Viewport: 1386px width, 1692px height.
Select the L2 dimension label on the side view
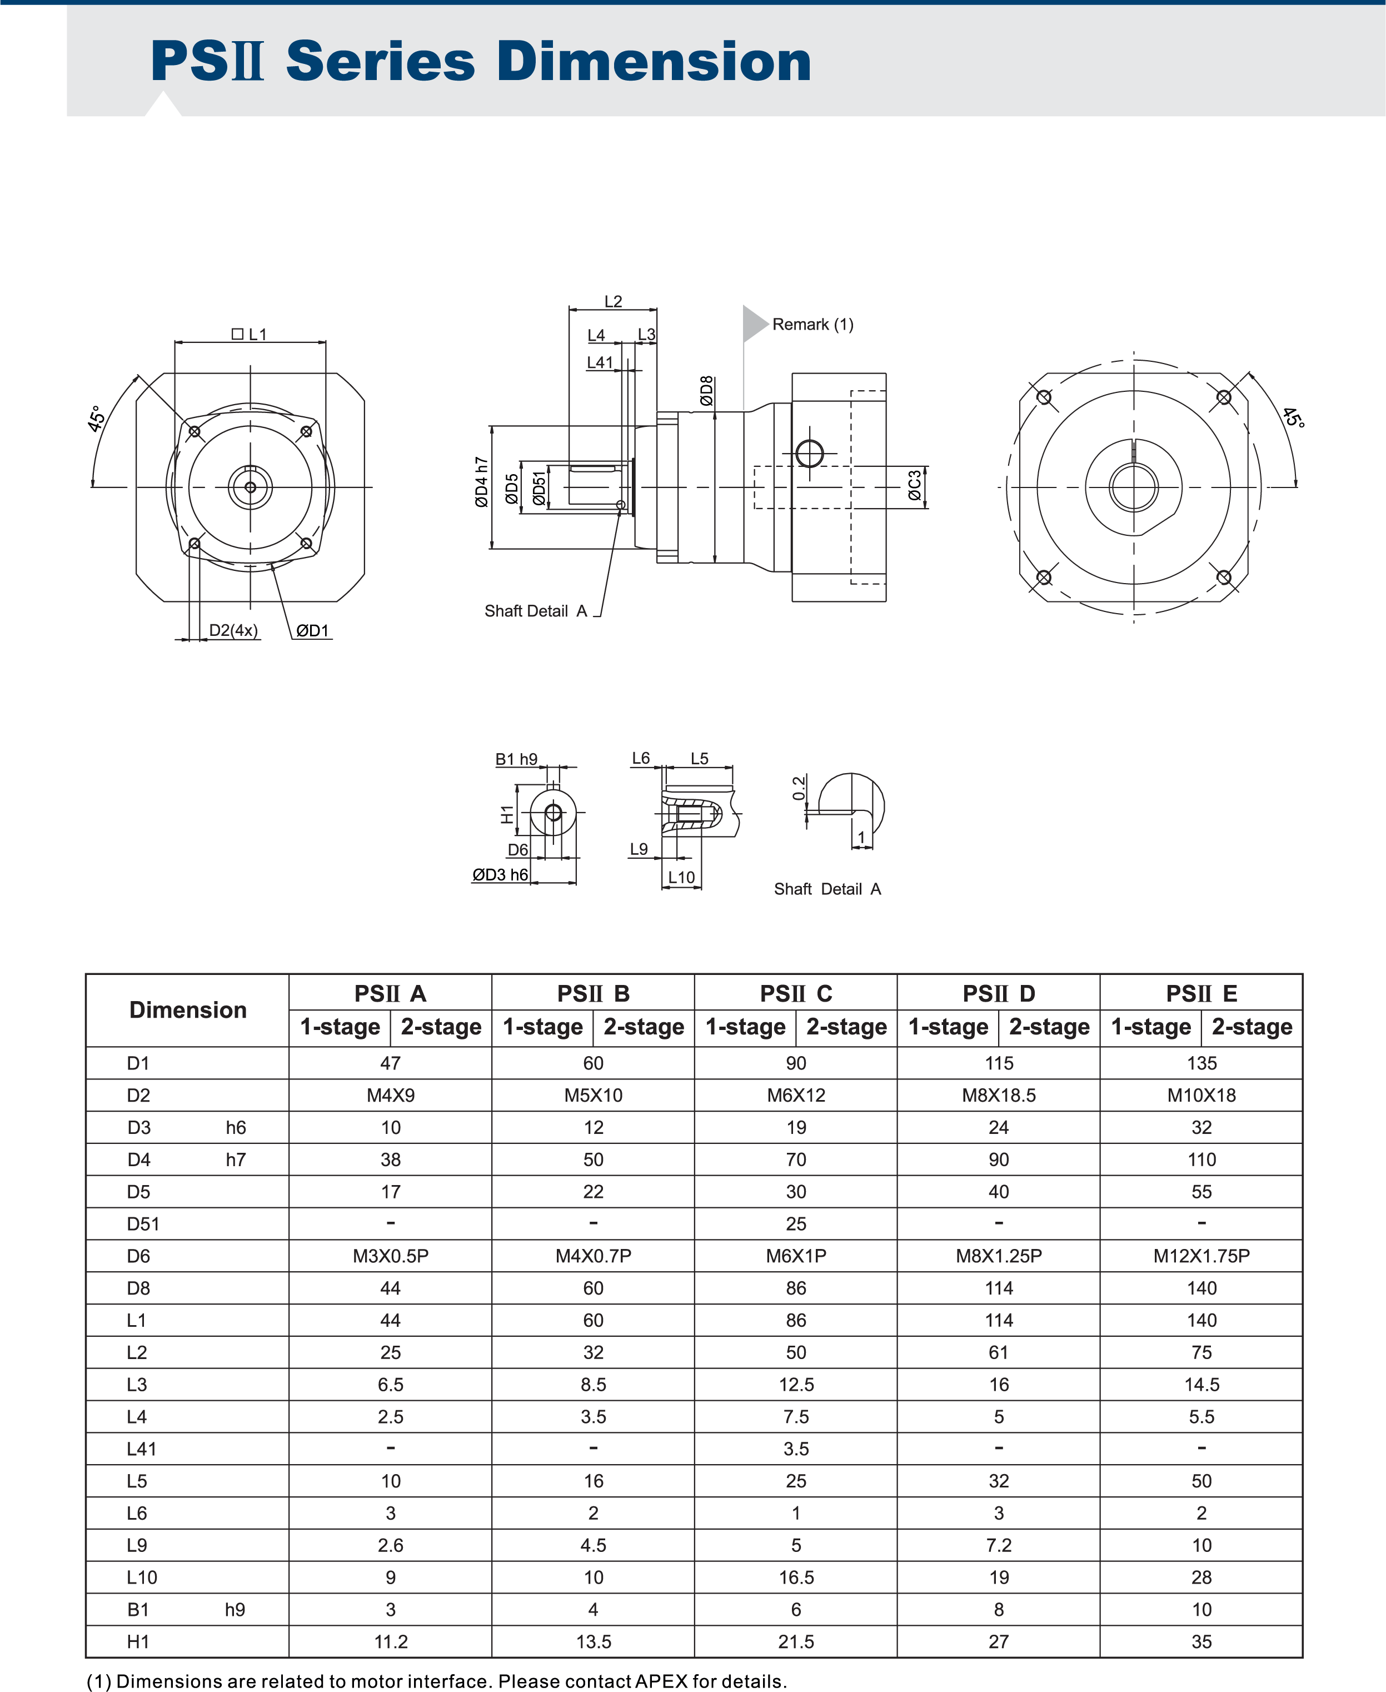[612, 301]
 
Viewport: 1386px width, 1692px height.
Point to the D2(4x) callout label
[233, 630]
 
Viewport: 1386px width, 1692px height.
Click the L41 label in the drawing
[600, 362]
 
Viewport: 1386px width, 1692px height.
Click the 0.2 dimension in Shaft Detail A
[799, 788]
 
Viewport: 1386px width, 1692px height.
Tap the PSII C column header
[795, 993]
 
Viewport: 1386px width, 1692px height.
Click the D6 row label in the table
[138, 1256]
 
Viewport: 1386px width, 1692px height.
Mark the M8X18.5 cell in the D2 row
[998, 1096]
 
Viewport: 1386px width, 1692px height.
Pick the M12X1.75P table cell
[1201, 1256]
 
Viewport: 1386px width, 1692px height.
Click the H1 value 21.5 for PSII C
[795, 1641]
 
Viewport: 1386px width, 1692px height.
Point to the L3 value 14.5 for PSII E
[1201, 1385]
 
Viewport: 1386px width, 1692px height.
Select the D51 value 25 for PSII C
[795, 1224]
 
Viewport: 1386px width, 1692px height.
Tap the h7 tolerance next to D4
[236, 1159]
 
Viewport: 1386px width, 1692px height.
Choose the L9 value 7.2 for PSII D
[998, 1545]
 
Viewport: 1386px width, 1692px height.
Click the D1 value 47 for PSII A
[391, 1063]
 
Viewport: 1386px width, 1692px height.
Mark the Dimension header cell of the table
[188, 1010]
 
